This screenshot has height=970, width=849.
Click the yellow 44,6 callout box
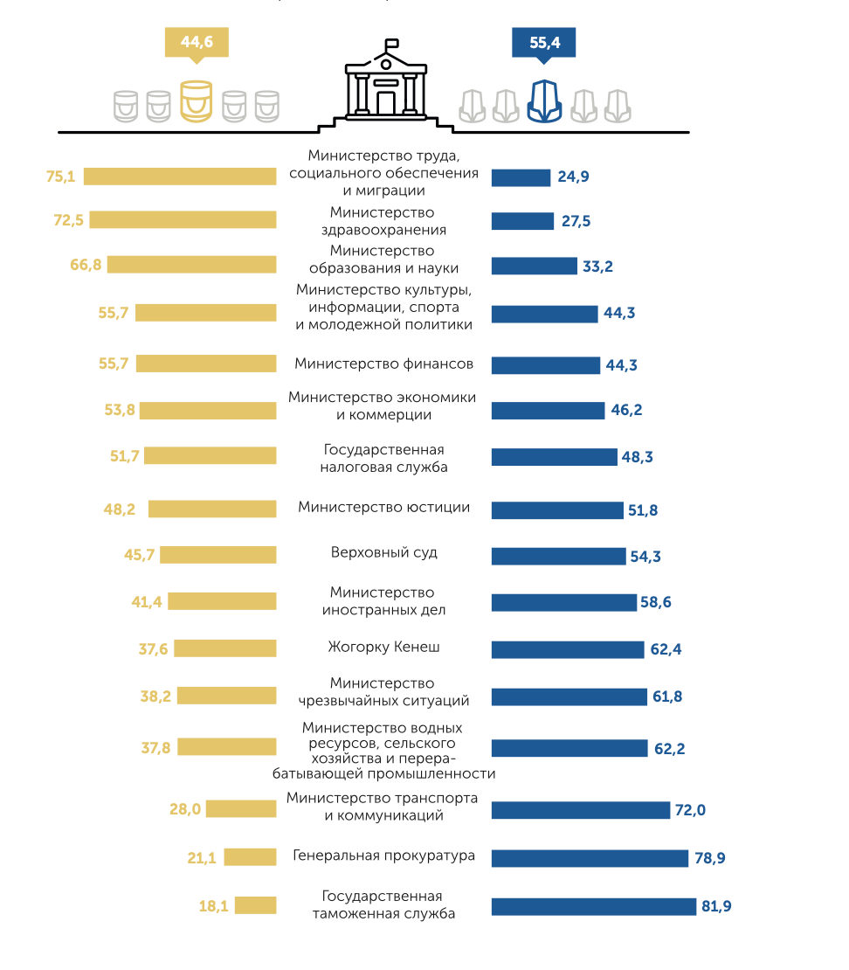197,42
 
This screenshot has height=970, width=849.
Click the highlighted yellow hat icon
197,100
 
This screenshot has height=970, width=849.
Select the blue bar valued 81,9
593,906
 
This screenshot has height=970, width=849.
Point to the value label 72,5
68,220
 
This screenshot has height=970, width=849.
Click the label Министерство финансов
384,364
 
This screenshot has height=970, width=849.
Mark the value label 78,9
709,858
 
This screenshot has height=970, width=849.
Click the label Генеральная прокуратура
384,856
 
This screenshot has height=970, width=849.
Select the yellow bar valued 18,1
255,905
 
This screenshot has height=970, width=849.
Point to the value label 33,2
597,267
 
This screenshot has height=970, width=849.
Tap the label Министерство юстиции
384,507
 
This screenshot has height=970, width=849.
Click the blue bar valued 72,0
580,810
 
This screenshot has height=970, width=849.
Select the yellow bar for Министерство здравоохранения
183,219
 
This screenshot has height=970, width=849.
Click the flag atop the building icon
392,43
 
